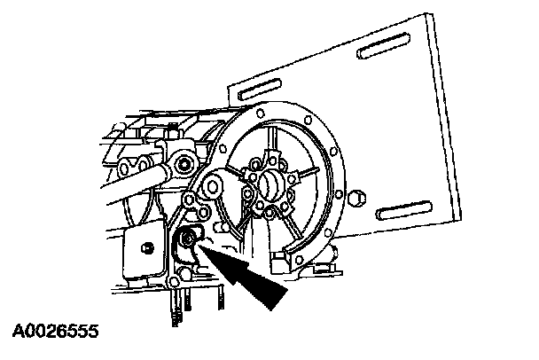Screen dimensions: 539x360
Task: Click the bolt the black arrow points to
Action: [x=190, y=239]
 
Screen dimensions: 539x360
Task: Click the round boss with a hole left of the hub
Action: [x=214, y=187]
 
